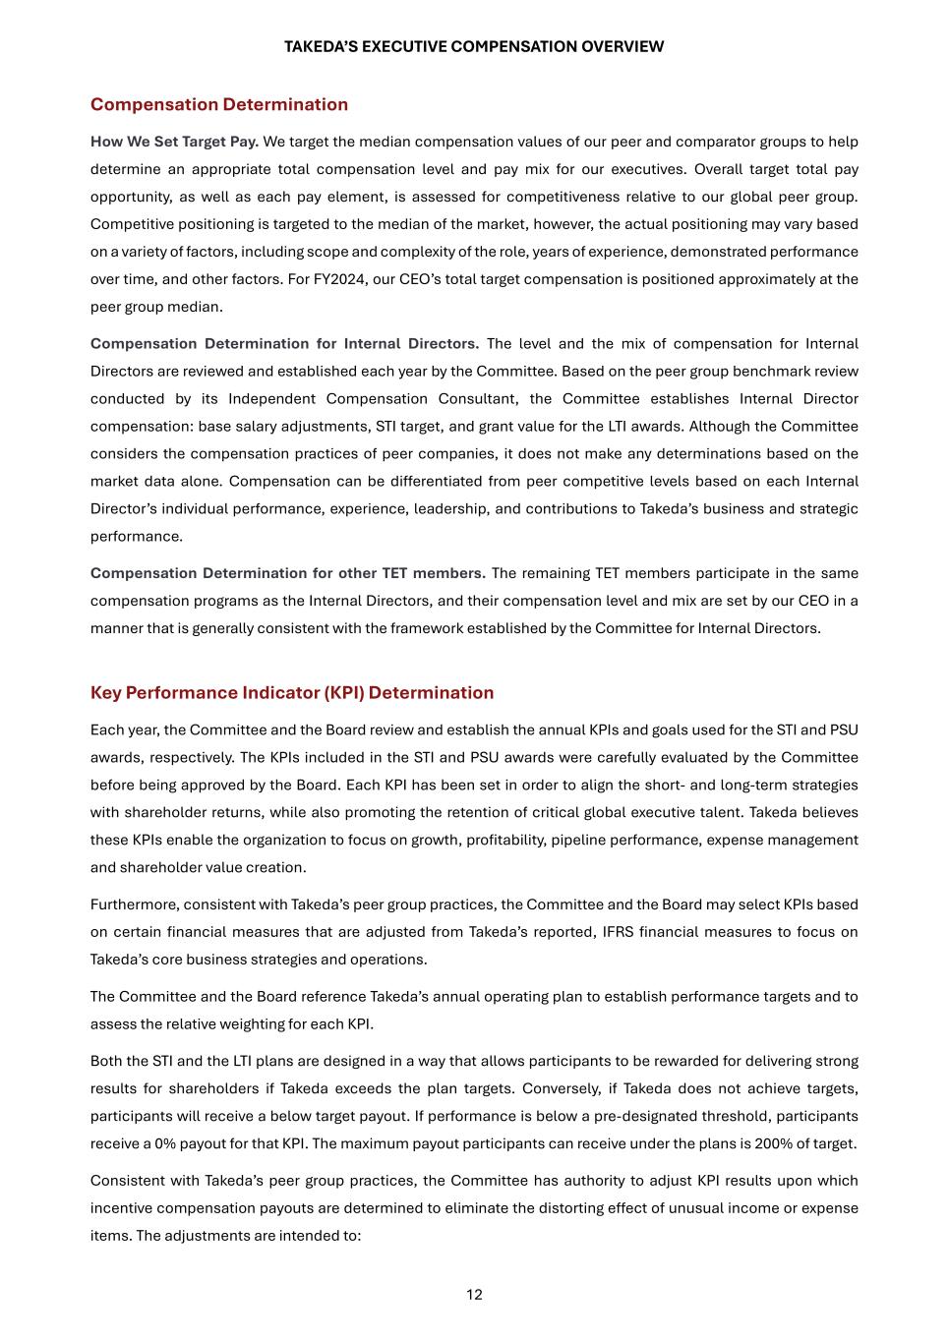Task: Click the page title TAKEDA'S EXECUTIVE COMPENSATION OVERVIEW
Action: [474, 46]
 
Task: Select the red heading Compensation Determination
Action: [219, 104]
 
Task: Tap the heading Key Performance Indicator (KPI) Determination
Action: [292, 692]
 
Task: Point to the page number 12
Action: [474, 1294]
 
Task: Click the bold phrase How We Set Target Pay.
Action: [174, 142]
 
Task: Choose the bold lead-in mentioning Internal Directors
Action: [284, 343]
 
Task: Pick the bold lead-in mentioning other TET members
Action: [288, 573]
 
